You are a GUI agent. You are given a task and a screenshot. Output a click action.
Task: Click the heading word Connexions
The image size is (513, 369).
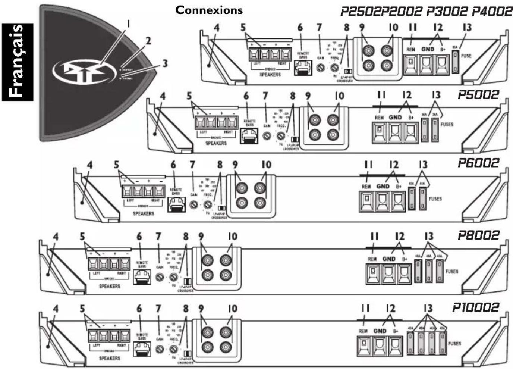[209, 10]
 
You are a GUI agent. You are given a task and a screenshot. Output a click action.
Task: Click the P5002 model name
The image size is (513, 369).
[478, 94]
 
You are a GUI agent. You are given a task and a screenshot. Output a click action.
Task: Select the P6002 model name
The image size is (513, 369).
[478, 163]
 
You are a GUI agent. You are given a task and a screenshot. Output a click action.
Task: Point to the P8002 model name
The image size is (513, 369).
[478, 235]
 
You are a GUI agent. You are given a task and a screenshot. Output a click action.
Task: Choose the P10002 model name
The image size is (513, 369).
[475, 307]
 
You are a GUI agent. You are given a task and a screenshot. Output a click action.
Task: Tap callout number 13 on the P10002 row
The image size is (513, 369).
[428, 308]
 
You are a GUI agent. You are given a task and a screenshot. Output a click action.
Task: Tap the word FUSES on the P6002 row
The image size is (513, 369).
[435, 199]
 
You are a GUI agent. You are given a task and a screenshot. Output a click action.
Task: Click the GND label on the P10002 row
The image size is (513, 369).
[380, 331]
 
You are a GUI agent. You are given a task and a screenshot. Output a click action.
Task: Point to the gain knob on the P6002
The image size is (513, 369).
[193, 204]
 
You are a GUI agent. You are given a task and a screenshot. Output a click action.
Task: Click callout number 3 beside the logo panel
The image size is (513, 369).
[165, 63]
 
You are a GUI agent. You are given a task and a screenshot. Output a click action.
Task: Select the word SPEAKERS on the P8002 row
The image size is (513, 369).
[110, 286]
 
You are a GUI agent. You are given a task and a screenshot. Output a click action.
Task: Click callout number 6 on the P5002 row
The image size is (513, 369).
[246, 96]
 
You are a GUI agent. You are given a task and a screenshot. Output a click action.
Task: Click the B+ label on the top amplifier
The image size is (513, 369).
[443, 49]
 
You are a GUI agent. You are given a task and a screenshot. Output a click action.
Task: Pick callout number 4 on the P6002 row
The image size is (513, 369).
[89, 165]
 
